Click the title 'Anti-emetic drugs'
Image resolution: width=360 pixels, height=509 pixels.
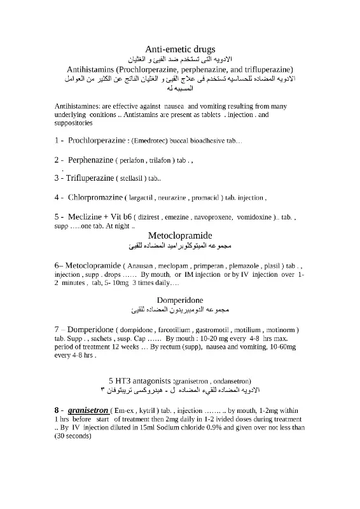[180, 48]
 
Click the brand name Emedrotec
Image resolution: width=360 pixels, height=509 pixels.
[153, 140]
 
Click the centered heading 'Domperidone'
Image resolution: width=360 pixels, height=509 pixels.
[180, 299]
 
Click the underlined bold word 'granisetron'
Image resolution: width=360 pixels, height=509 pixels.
[88, 410]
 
